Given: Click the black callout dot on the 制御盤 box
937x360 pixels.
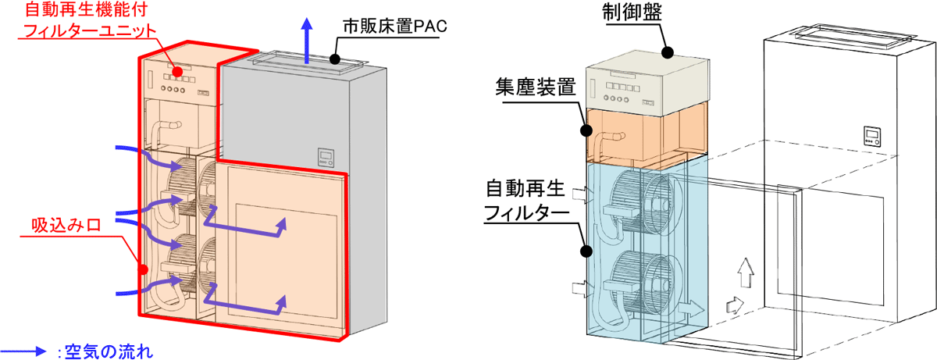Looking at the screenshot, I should click(668, 53).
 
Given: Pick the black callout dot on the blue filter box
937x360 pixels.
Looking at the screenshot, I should click(584, 251).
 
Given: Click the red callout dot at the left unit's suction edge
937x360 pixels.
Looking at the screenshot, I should click(142, 269).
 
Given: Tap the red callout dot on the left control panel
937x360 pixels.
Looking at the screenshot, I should click(178, 72).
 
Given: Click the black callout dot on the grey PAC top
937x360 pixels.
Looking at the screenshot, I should click(333, 57).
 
